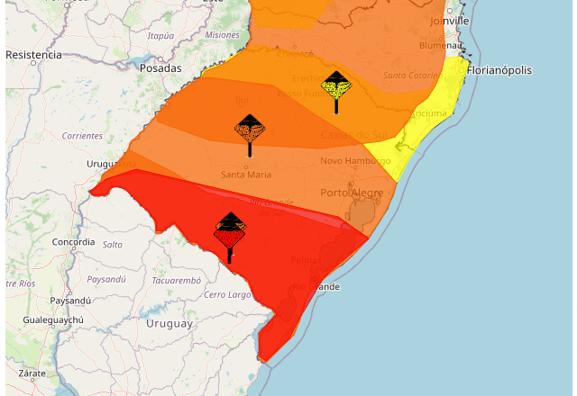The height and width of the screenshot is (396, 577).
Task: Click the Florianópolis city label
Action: click(499, 70)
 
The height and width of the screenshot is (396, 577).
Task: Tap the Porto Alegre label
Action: click(352, 193)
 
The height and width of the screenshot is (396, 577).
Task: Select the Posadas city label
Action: click(160, 68)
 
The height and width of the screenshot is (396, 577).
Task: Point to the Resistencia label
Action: click(33, 55)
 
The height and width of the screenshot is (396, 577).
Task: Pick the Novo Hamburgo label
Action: click(352, 161)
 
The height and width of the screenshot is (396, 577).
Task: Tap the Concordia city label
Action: click(73, 243)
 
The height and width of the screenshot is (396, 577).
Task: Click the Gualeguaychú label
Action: click(53, 320)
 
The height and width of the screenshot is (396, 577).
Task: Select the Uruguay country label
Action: click(169, 323)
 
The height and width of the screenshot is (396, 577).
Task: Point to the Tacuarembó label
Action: click(176, 280)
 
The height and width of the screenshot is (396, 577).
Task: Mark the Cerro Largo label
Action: click(227, 295)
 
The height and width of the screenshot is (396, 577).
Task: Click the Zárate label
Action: click(32, 373)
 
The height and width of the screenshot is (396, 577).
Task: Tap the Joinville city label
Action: click(451, 20)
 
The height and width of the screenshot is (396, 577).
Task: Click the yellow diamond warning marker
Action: click(336, 86)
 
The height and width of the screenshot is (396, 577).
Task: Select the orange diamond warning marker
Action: click(250, 130)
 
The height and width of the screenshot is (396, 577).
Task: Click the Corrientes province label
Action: click(82, 136)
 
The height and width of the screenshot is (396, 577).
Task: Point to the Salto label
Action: click(113, 245)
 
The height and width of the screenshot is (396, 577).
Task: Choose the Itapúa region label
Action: click(160, 36)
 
